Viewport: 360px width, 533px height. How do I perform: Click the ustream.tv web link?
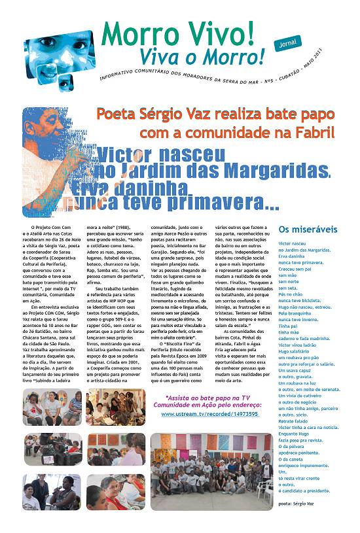[x=200, y=414]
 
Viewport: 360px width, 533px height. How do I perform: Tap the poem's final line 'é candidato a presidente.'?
[x=304, y=490]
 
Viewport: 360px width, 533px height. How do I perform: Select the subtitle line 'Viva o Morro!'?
[x=191, y=57]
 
